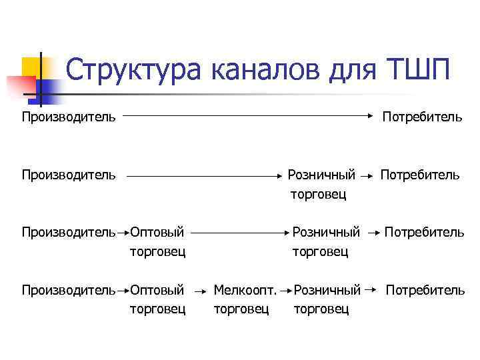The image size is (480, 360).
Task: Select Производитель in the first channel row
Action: click(x=69, y=117)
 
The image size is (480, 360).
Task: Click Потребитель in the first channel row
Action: click(x=421, y=117)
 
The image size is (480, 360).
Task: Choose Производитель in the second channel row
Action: click(x=69, y=175)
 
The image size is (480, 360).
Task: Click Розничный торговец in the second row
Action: click(x=321, y=184)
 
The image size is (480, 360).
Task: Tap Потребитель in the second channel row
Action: click(x=419, y=175)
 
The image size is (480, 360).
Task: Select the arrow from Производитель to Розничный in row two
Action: click(x=204, y=177)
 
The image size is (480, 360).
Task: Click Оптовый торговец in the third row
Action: click(x=157, y=241)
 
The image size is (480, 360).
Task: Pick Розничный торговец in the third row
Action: click(x=326, y=241)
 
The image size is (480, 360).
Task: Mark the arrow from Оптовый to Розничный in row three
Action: click(x=239, y=234)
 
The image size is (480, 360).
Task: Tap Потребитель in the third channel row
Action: click(x=424, y=233)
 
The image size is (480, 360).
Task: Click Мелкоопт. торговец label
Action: click(x=245, y=299)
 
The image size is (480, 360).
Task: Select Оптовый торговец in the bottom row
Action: click(x=157, y=299)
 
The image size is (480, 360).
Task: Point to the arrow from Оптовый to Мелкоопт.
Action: click(x=199, y=291)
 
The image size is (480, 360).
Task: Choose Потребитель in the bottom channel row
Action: click(x=425, y=291)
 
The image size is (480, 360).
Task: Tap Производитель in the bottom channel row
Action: click(x=69, y=291)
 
